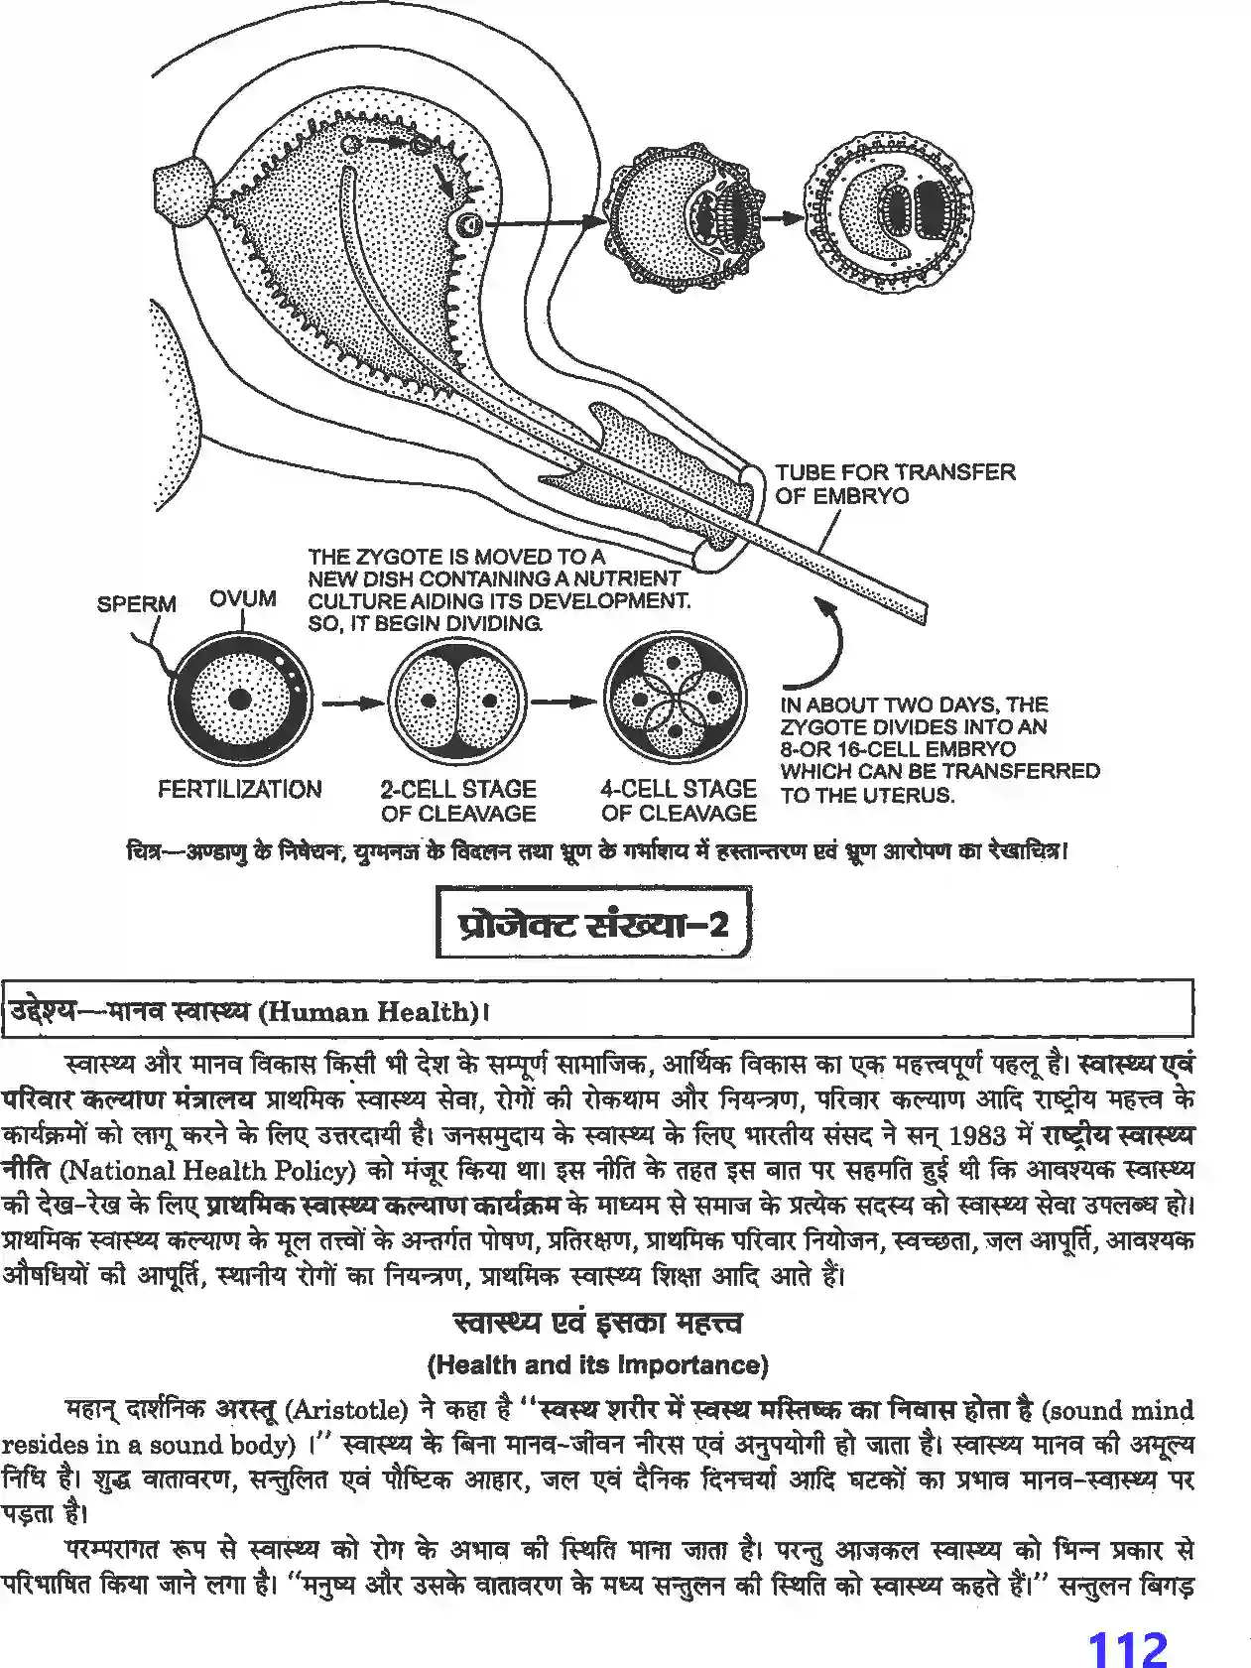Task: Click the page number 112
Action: pyautogui.click(x=1128, y=1624)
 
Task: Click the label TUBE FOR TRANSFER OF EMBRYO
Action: pyautogui.click(x=894, y=483)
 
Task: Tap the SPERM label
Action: pyautogui.click(x=136, y=603)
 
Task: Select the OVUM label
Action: pyautogui.click(x=242, y=598)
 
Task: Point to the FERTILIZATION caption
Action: pyautogui.click(x=239, y=790)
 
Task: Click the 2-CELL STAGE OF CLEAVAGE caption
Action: pyautogui.click(x=457, y=801)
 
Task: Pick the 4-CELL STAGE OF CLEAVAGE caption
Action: pyautogui.click(x=678, y=801)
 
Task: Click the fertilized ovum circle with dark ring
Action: pyautogui.click(x=239, y=701)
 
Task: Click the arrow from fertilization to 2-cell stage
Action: pyautogui.click(x=351, y=703)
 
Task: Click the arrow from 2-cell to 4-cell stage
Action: pyautogui.click(x=568, y=703)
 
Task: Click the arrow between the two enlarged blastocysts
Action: pyautogui.click(x=784, y=216)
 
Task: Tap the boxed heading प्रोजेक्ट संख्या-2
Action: pyautogui.click(x=592, y=924)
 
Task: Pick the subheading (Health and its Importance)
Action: pyautogui.click(x=597, y=1364)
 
